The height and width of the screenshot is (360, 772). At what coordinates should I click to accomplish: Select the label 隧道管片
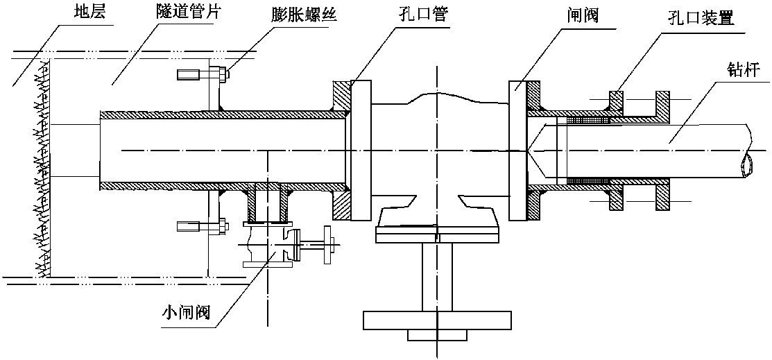[x=183, y=12]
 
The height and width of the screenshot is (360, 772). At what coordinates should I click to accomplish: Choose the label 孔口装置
[x=700, y=17]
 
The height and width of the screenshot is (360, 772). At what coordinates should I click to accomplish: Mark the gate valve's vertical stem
[x=437, y=277]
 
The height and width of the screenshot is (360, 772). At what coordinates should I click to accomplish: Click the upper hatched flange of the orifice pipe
[x=342, y=96]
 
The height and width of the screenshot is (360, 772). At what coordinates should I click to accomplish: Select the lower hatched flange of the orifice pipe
[x=342, y=205]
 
